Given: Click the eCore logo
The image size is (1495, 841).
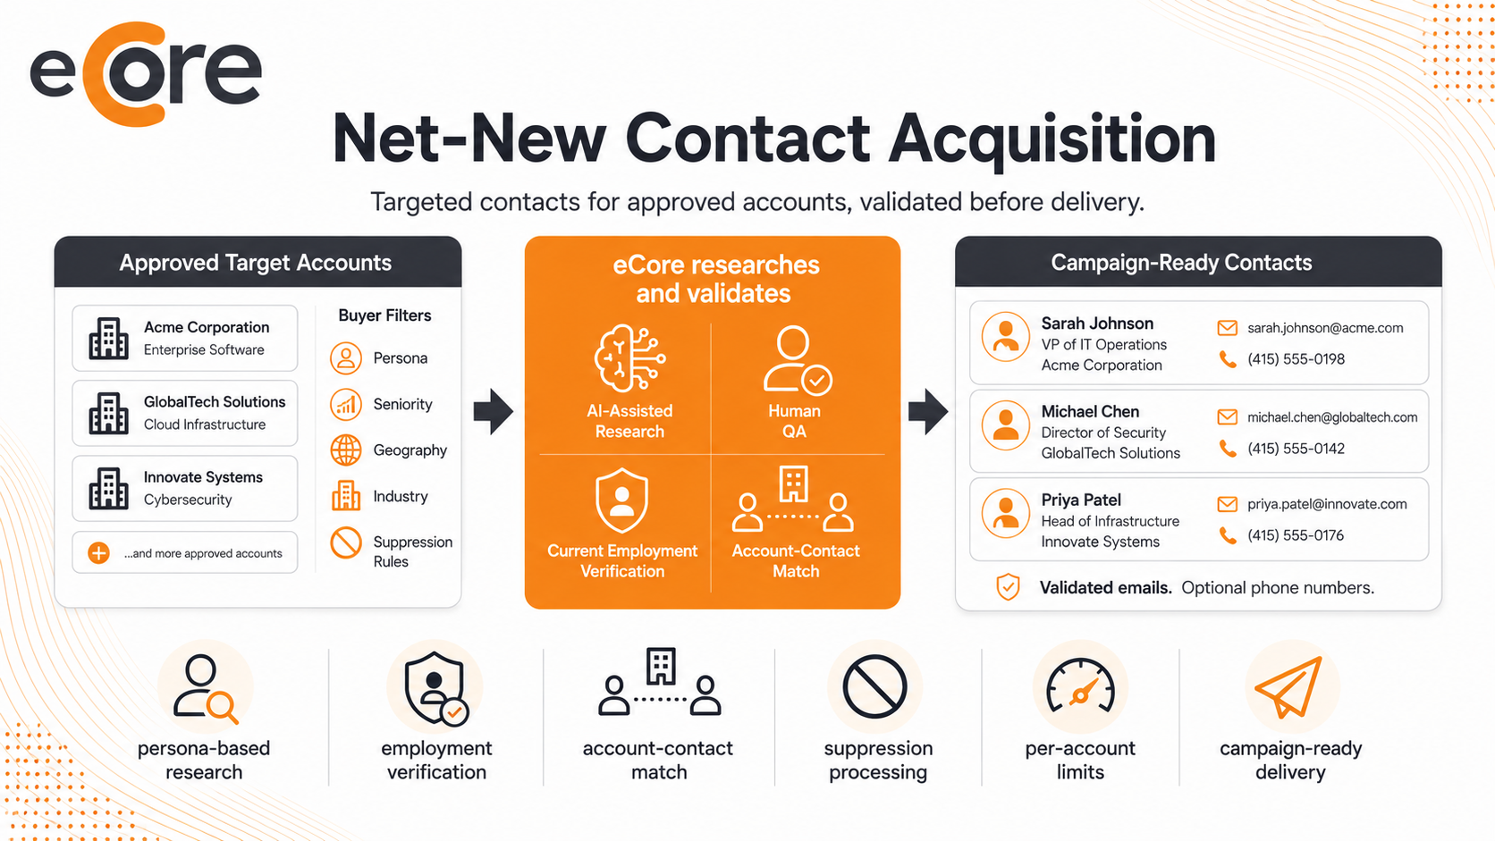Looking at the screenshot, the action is pyautogui.click(x=146, y=73).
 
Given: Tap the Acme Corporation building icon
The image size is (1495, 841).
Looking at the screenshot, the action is pyautogui.click(x=108, y=338).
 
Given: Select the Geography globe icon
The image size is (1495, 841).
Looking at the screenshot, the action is pyautogui.click(x=346, y=450).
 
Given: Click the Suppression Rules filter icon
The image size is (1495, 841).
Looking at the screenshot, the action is pyautogui.click(x=346, y=542).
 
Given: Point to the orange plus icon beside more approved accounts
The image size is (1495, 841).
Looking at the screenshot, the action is pyautogui.click(x=98, y=553).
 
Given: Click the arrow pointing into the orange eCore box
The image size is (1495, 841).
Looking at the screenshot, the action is pyautogui.click(x=494, y=411).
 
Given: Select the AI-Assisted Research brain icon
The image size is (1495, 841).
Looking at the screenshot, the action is pyautogui.click(x=629, y=358).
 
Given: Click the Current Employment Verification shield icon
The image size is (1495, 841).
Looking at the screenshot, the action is pyautogui.click(x=622, y=500).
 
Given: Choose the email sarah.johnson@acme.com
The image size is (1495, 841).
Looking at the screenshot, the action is pyautogui.click(x=1325, y=328).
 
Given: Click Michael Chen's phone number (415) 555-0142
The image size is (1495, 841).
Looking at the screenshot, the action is pyautogui.click(x=1296, y=449).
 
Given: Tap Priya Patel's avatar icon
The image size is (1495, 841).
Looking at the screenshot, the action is pyautogui.click(x=1006, y=514).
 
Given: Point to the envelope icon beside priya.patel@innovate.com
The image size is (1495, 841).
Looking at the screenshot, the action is pyautogui.click(x=1227, y=504).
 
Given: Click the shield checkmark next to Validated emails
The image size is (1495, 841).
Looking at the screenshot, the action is pyautogui.click(x=1008, y=587).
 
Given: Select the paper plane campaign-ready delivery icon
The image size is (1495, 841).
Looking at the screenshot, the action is pyautogui.click(x=1289, y=687).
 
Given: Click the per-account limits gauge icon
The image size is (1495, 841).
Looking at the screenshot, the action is pyautogui.click(x=1080, y=685).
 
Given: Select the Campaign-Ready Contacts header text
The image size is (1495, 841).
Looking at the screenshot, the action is pyautogui.click(x=1181, y=263).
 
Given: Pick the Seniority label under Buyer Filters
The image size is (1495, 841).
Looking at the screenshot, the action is pyautogui.click(x=402, y=405).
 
